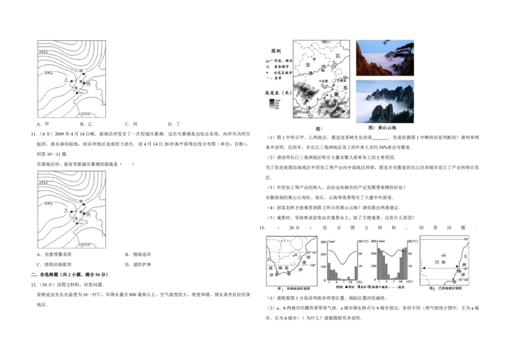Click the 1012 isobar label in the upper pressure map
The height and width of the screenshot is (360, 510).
[x=43, y=50]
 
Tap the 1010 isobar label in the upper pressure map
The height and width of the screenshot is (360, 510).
[x=86, y=113]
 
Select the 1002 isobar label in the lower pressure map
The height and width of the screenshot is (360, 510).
[x=48, y=204]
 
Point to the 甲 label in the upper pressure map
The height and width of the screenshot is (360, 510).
[x=81, y=69]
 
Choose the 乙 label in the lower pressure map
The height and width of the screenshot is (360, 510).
[x=66, y=210]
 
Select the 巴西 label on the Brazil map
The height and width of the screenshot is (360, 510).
[x=439, y=261]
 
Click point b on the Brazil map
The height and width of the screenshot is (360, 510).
[x=444, y=255]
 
